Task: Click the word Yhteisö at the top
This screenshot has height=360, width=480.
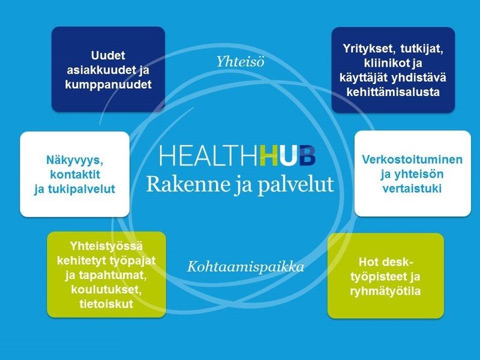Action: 239,62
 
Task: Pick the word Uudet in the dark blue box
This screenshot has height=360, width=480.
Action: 108,58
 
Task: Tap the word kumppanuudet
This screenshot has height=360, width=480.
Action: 108,85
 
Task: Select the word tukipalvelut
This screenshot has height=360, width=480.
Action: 74,188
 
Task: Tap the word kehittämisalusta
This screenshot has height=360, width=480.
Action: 393,92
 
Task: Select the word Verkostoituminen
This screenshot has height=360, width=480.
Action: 412,160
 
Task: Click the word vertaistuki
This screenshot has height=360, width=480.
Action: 412,188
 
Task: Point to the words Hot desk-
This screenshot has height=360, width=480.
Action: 385,262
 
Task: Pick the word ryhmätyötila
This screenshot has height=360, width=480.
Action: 386,292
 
